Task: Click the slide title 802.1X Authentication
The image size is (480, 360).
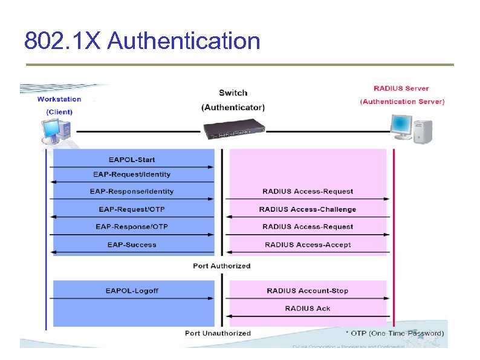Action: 142,41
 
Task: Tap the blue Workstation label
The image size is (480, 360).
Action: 59,99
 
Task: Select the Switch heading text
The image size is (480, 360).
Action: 233,93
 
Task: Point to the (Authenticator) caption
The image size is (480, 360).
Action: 233,108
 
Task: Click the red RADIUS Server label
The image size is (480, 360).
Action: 401,88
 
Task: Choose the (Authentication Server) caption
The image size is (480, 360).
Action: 402,102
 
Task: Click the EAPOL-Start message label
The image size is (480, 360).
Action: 132,160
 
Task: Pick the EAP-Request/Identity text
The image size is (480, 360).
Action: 132,174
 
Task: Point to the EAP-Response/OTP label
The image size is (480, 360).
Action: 132,226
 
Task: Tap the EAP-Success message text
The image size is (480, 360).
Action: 132,244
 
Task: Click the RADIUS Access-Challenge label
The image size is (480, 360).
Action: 308,209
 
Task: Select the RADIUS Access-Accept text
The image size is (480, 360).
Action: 308,244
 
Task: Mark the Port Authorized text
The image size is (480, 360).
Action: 221,266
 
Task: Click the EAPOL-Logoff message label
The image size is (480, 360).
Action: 132,291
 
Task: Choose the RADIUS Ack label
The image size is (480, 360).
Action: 308,309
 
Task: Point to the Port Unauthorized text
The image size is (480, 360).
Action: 218,333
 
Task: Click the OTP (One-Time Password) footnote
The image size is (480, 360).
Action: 394,333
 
